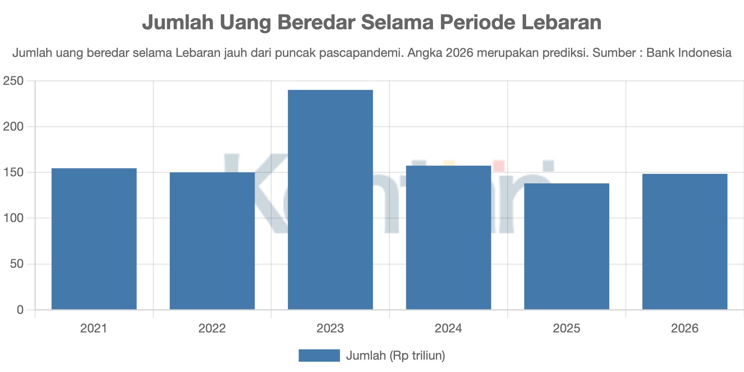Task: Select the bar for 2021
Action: click(x=94, y=239)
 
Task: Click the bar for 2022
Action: click(x=212, y=241)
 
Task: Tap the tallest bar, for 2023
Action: click(x=330, y=200)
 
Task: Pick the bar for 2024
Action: click(x=449, y=238)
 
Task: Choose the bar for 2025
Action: click(x=566, y=246)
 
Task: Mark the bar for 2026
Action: click(x=685, y=242)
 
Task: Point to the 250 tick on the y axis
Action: click(x=13, y=81)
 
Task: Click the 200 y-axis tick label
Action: click(x=13, y=127)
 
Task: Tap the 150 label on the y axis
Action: click(x=13, y=173)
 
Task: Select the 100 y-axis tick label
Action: click(x=13, y=218)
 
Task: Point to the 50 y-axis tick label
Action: click(x=17, y=264)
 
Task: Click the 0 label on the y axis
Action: click(x=20, y=310)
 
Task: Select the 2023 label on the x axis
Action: click(x=330, y=328)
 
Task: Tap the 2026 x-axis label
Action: click(x=685, y=328)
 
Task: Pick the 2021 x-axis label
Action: click(x=94, y=328)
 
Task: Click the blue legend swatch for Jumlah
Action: click(x=319, y=356)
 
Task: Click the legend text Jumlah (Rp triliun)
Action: click(x=395, y=356)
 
